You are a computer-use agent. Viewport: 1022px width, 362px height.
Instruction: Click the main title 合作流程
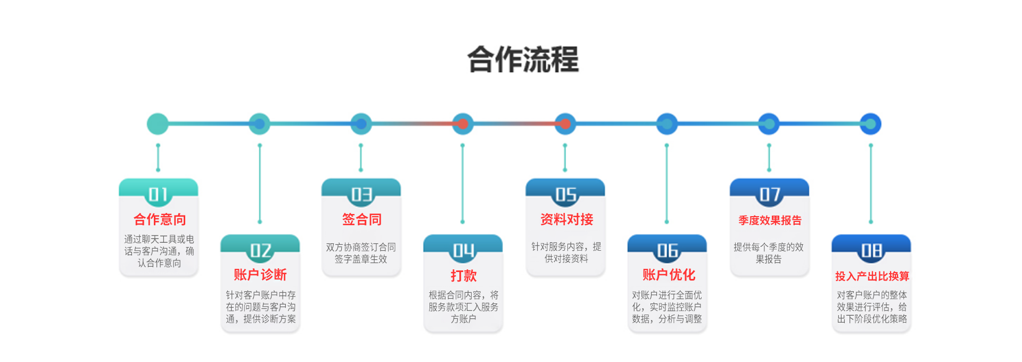click(523, 59)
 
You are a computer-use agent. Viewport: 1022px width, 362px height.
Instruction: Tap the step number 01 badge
click(158, 194)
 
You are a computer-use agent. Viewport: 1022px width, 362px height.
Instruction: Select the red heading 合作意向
click(160, 219)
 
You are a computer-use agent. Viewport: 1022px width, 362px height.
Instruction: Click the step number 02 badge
click(260, 250)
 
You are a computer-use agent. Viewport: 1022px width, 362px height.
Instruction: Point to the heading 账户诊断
click(260, 275)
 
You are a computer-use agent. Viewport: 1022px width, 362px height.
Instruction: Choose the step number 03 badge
click(361, 194)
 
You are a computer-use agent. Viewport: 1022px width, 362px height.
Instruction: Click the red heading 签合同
click(361, 219)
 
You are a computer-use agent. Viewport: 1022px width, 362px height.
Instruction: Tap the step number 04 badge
click(463, 250)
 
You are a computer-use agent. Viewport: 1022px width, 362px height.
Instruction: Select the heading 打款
click(463, 275)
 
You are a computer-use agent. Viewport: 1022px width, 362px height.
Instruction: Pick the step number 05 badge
click(566, 194)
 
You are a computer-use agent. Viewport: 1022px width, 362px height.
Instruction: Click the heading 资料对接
click(566, 219)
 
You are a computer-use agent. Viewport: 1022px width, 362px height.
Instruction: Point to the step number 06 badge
click(667, 250)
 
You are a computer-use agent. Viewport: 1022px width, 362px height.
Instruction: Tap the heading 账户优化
click(669, 275)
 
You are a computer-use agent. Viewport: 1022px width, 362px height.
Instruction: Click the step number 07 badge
click(770, 194)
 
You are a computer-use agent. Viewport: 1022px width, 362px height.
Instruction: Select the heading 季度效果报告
click(770, 220)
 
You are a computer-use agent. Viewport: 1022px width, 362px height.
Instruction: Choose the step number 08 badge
click(871, 250)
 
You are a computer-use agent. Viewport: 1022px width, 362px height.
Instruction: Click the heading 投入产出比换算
click(872, 276)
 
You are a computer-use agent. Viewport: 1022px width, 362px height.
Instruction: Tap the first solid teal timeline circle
click(158, 124)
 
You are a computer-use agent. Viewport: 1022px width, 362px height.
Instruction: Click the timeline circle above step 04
click(463, 124)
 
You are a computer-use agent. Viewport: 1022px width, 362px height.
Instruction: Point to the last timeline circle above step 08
click(871, 124)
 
